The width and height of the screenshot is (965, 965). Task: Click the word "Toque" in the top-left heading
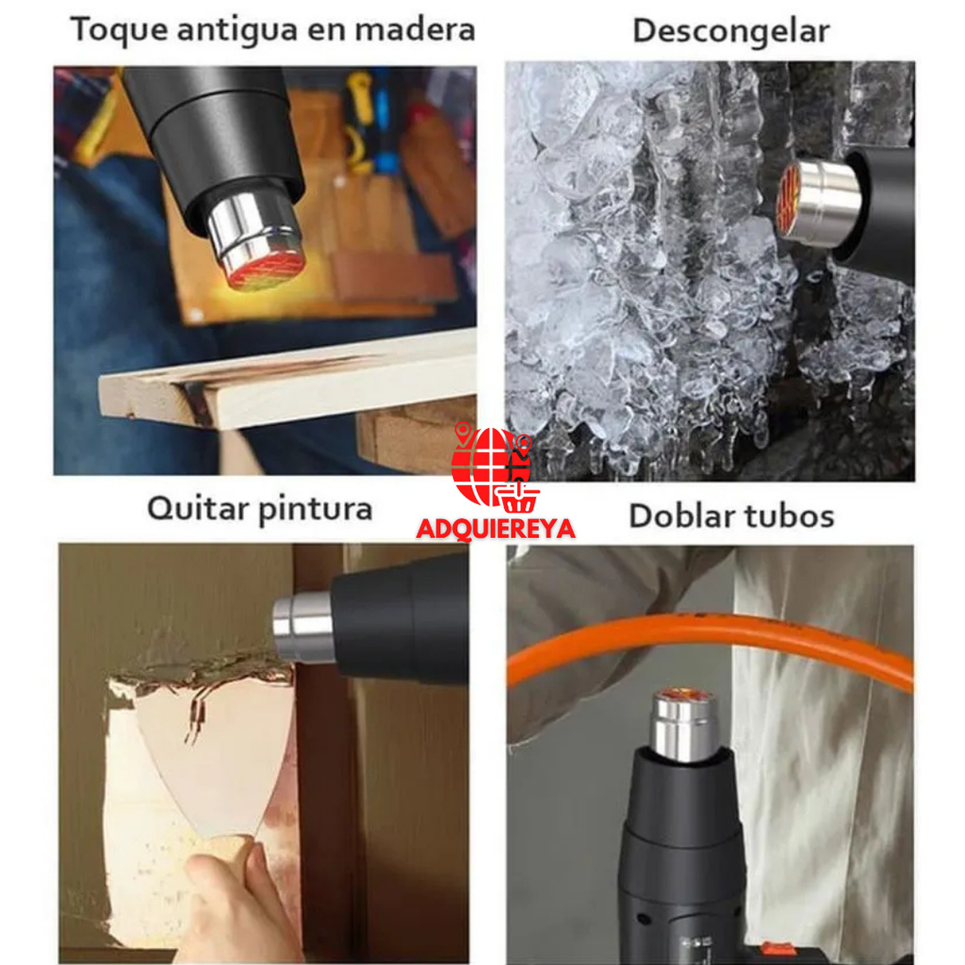(x=115, y=30)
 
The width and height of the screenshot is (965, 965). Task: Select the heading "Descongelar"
(x=730, y=30)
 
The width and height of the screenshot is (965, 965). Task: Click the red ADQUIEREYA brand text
(x=495, y=529)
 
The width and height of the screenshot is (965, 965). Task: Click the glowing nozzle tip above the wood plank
(x=266, y=267)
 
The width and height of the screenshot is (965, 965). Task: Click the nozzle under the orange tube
(x=685, y=721)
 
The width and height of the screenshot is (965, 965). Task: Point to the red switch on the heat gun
(x=776, y=952)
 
